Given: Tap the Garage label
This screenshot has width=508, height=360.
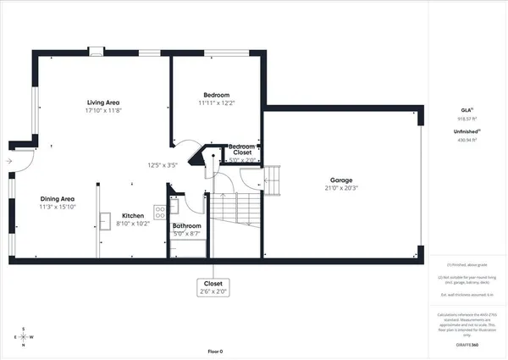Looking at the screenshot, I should click(x=340, y=180).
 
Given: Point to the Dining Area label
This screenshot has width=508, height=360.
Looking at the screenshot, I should click(x=57, y=198).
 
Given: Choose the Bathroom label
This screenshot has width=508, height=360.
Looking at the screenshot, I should click(x=186, y=226).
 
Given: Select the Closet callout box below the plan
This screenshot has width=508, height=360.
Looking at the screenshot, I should click(x=212, y=286).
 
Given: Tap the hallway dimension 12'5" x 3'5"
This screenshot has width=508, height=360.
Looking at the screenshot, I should click(x=162, y=165).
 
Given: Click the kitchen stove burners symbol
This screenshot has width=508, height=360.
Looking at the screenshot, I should click(x=158, y=212).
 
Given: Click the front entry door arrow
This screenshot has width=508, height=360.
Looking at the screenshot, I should click(x=8, y=160).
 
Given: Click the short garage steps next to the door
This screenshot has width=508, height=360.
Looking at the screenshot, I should click(x=271, y=180).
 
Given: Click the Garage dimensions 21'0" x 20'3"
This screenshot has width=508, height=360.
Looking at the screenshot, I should click(x=340, y=189).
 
